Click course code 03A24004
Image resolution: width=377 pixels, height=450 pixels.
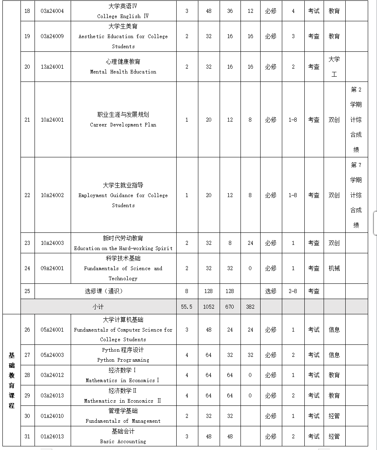click(x=52, y=11)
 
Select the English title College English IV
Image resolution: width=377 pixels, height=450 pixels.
click(x=123, y=16)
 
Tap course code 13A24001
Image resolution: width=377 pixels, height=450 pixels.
click(x=52, y=67)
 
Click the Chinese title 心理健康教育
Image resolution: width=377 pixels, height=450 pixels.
click(x=123, y=62)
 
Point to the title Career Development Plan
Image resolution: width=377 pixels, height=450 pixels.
click(x=123, y=125)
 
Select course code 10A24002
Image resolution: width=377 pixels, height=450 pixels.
click(x=52, y=195)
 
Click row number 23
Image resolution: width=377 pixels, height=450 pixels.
click(x=27, y=243)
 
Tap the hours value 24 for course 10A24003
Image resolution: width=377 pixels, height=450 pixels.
click(x=250, y=243)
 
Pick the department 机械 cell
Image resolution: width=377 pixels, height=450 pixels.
click(x=334, y=268)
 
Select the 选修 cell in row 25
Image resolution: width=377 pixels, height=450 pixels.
click(x=271, y=291)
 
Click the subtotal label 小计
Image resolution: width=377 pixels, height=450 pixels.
click(x=98, y=307)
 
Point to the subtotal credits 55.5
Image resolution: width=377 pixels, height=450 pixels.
click(x=187, y=307)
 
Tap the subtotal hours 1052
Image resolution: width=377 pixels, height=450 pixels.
click(x=208, y=307)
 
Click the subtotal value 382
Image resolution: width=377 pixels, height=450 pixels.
click(x=250, y=307)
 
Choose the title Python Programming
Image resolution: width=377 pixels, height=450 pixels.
click(x=123, y=360)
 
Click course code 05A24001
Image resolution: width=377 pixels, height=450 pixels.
click(x=52, y=330)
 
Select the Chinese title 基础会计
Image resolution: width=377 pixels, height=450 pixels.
click(x=123, y=431)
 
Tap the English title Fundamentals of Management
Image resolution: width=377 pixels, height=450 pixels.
click(x=123, y=421)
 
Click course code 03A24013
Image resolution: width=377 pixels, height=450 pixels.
click(x=52, y=395)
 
